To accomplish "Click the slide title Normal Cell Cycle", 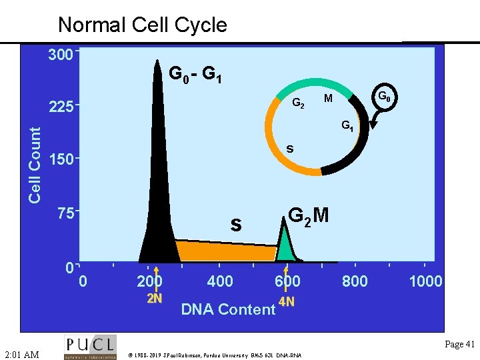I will [143, 25].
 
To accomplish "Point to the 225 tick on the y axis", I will [60, 107].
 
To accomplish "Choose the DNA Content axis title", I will [228, 309].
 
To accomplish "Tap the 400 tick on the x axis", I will [220, 281].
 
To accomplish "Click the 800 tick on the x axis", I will [355, 281].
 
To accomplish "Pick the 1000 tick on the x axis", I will [425, 281].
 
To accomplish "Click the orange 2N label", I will [154, 298].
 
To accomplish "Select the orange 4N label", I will [287, 302].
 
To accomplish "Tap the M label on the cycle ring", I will [328, 99].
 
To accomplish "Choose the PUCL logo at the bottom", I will [90, 347].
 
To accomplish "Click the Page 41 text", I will [459, 345].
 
